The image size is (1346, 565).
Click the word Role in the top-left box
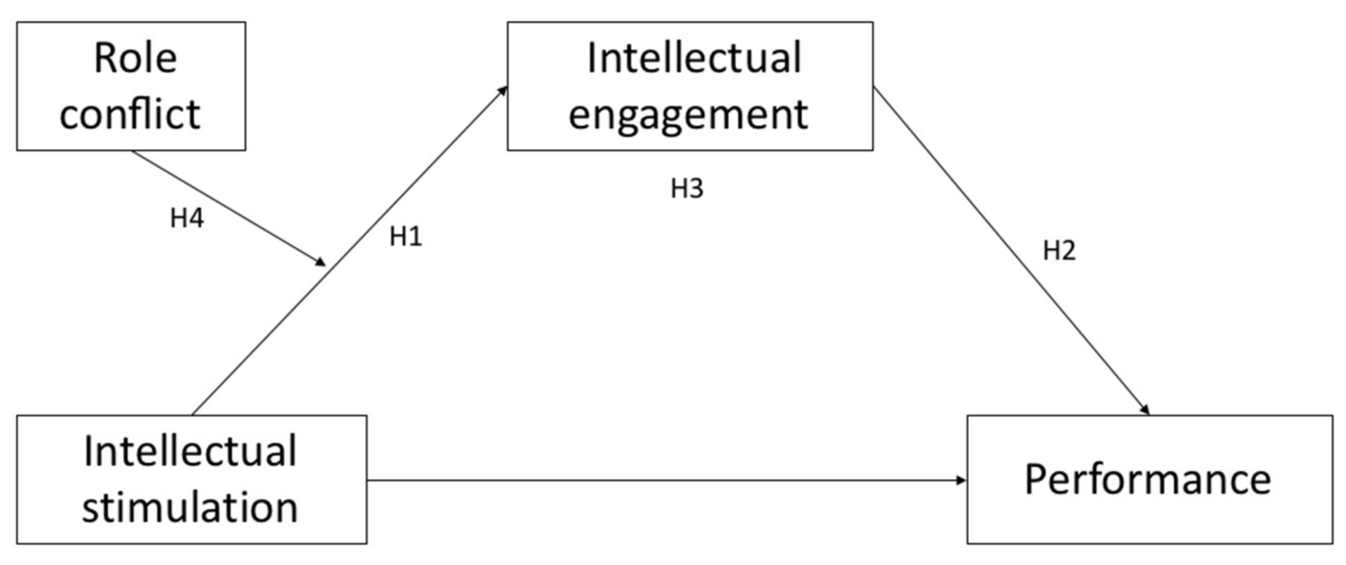click(135, 58)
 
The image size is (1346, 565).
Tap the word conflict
click(130, 114)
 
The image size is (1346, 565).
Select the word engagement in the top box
click(688, 115)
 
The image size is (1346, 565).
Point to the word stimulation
click(190, 507)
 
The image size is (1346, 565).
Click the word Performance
click(1148, 479)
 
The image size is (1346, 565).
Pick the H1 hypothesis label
click(406, 237)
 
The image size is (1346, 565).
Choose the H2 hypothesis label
click(1059, 250)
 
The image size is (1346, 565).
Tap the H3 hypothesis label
click(687, 188)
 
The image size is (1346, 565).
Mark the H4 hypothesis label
click(187, 218)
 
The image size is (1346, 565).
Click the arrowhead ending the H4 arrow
click(320, 261)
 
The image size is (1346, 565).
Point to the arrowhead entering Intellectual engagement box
click(502, 90)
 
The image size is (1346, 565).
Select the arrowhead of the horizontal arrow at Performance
click(962, 480)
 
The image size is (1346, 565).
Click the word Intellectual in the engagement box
click(694, 58)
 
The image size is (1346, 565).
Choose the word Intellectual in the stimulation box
click(190, 451)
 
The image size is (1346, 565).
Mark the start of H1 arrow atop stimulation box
click(193, 414)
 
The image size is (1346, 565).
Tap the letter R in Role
click(106, 58)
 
